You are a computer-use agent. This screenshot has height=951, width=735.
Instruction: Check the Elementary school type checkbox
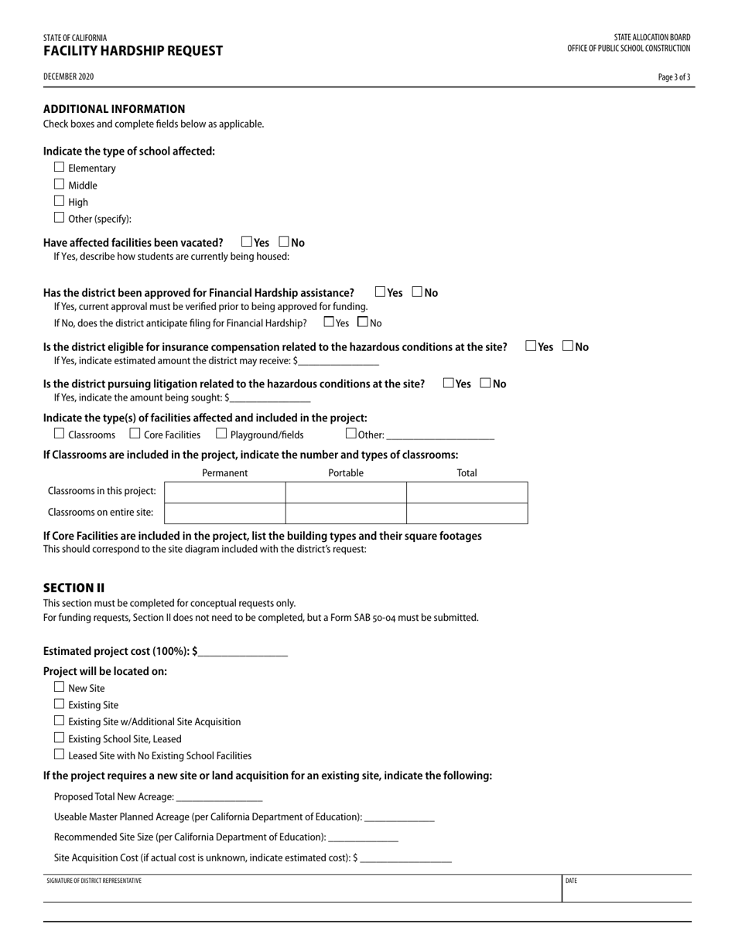(x=60, y=167)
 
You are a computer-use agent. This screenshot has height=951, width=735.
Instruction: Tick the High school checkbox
(x=60, y=201)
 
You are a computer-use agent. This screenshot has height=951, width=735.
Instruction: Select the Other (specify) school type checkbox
(x=60, y=218)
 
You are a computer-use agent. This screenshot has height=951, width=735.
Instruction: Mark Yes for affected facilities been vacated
(x=247, y=242)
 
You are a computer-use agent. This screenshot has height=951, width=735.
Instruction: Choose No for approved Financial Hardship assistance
(x=417, y=292)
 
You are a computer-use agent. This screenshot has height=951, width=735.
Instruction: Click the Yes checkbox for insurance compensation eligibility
(x=531, y=346)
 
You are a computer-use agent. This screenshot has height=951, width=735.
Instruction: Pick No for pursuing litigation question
(x=485, y=383)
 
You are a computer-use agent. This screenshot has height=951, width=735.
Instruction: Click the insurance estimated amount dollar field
(x=338, y=361)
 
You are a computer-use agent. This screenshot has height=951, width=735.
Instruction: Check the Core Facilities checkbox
(x=135, y=434)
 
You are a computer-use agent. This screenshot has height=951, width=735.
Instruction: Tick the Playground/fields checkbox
(x=222, y=434)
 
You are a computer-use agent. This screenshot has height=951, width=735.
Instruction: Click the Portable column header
(x=346, y=473)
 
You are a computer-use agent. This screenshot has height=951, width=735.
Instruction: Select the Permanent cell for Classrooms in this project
(x=225, y=492)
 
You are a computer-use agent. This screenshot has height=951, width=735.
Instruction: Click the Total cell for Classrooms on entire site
(x=467, y=513)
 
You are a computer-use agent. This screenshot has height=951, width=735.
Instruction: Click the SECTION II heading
(x=73, y=588)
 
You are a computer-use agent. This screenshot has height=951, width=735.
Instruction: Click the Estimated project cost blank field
(x=242, y=652)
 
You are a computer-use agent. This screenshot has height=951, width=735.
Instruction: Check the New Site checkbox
(x=60, y=687)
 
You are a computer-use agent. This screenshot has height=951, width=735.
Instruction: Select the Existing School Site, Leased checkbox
(x=60, y=738)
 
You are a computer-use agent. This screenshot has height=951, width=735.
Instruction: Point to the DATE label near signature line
(x=571, y=881)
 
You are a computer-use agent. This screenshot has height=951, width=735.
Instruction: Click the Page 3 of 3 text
(x=674, y=77)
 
